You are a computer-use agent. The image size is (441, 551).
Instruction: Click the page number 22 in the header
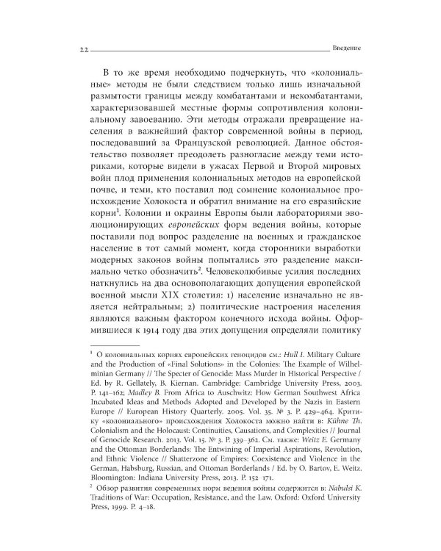[x=75, y=48]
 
